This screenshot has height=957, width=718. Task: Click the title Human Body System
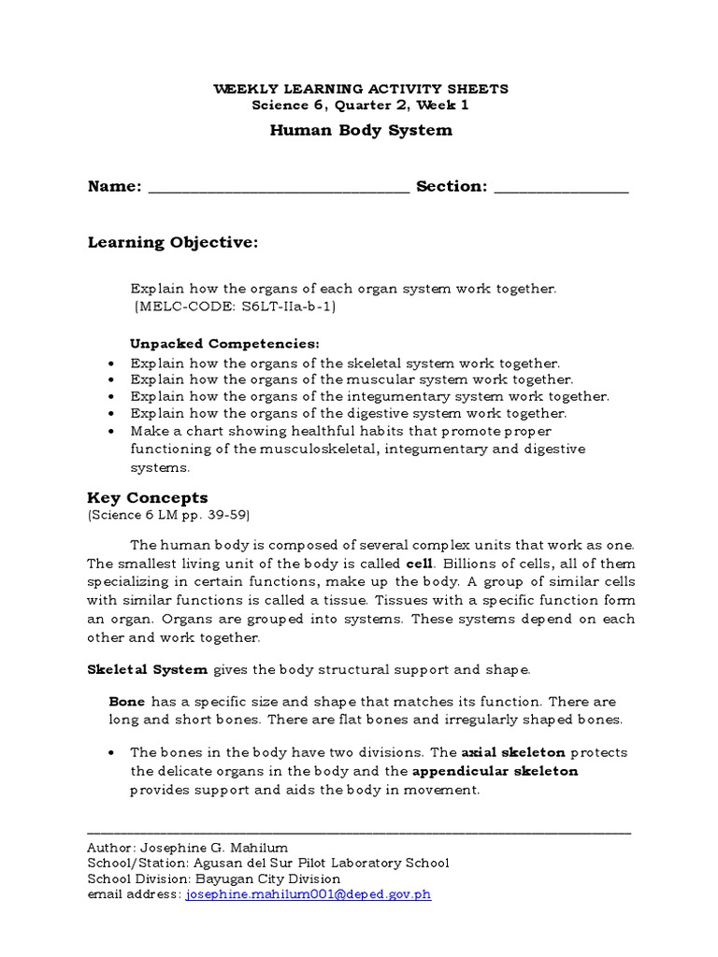coord(361,130)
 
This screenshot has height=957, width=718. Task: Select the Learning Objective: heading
coord(172,243)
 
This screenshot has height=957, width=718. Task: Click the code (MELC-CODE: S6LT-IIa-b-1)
coord(234,306)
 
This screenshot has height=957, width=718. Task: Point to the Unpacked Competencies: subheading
coord(224,344)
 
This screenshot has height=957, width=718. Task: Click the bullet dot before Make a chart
coord(111,431)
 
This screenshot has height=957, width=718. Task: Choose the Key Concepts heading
coord(148,497)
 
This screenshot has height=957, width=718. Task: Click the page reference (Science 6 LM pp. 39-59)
coord(168,515)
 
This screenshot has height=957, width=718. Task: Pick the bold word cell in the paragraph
coord(419,563)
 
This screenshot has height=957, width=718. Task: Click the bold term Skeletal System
coord(149,669)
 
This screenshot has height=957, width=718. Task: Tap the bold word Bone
coord(127,701)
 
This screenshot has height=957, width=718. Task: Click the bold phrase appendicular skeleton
coord(495,771)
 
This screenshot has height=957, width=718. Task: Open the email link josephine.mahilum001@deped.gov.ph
coord(309,894)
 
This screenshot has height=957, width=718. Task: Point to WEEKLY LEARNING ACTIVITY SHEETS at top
coord(361,89)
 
